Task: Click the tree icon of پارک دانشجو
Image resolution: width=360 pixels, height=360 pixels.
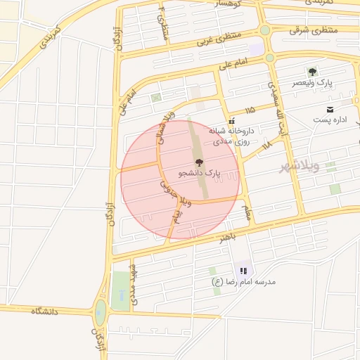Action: (x=198, y=162)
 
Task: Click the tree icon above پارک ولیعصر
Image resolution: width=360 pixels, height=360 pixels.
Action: (x=313, y=72)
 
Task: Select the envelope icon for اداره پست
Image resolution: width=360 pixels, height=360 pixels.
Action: (x=330, y=109)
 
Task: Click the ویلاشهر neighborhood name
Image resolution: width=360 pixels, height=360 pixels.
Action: (x=299, y=166)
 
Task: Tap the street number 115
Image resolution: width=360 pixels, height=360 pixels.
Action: (x=250, y=110)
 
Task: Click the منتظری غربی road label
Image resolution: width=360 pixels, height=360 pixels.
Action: (x=219, y=36)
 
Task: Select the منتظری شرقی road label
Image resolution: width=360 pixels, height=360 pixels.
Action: (x=314, y=30)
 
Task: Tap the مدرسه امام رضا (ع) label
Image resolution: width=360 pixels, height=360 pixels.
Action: (x=244, y=281)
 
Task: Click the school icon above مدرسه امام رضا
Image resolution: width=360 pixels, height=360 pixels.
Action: (x=243, y=270)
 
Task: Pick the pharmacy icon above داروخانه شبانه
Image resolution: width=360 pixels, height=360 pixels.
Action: (x=231, y=120)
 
